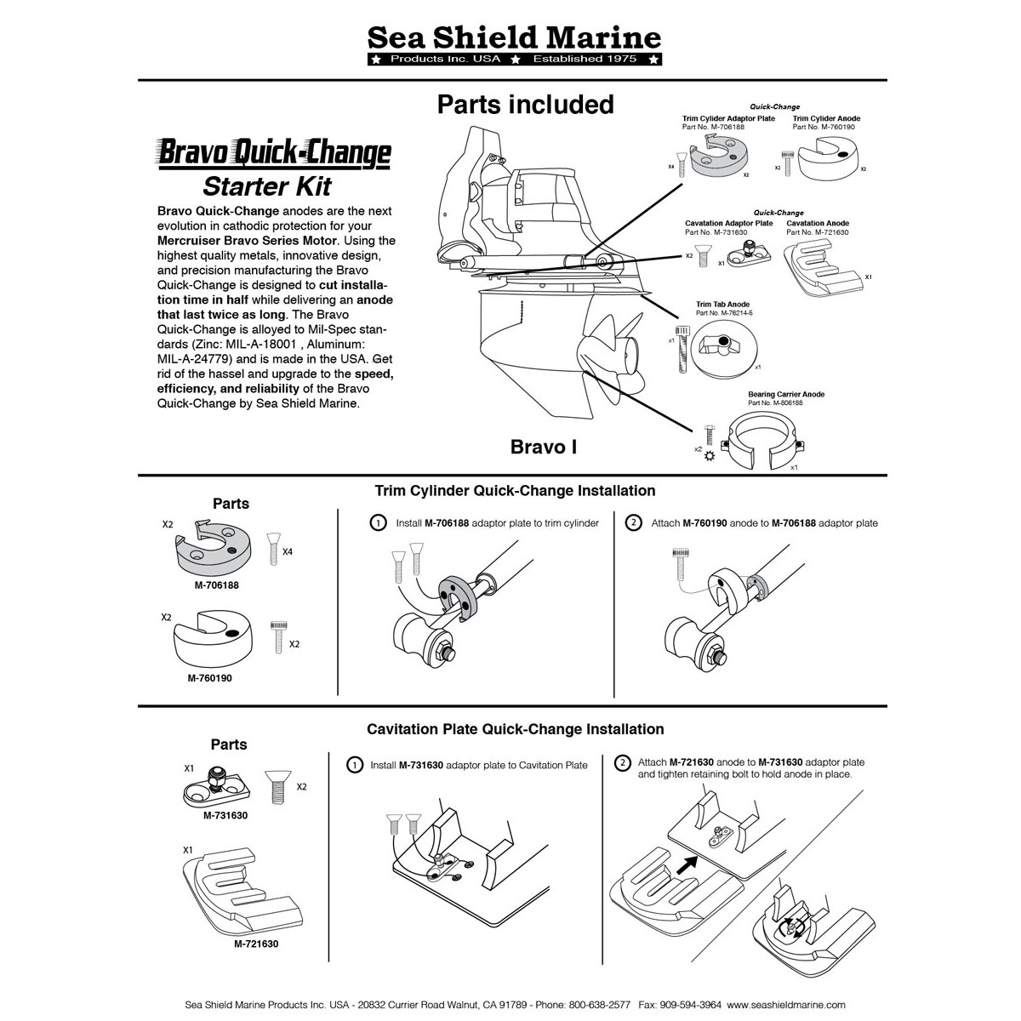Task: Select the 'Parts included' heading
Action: pyautogui.click(x=525, y=105)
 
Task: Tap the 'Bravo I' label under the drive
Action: pyautogui.click(x=543, y=447)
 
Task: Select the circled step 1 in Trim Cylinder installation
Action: pyautogui.click(x=378, y=523)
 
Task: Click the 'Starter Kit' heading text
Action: pyautogui.click(x=266, y=186)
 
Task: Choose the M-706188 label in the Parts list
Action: pyautogui.click(x=216, y=585)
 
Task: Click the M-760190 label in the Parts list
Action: pyautogui.click(x=208, y=678)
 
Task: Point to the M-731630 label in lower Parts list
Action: pyautogui.click(x=225, y=815)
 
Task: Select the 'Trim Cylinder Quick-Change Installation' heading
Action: pyautogui.click(x=515, y=491)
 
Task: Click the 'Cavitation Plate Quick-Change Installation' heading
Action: pyautogui.click(x=515, y=729)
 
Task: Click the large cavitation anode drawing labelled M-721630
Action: pyautogui.click(x=234, y=893)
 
